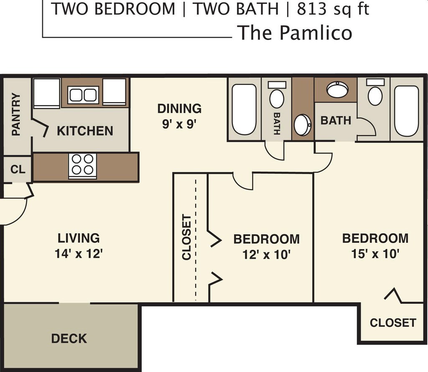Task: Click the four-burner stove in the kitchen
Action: click(82, 166)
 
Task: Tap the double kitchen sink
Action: click(83, 95)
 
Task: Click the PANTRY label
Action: click(16, 114)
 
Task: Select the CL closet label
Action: click(18, 169)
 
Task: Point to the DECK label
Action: click(69, 338)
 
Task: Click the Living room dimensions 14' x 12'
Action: click(79, 254)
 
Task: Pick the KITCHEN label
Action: click(85, 131)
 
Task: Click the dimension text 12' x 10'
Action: click(266, 254)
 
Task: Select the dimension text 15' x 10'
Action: click(375, 254)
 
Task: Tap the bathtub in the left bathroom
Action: click(244, 110)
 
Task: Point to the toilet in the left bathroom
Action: click(277, 96)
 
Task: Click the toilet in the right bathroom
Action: click(375, 94)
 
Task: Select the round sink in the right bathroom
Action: click(337, 90)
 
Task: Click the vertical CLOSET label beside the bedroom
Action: click(187, 237)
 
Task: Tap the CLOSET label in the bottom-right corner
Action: click(392, 323)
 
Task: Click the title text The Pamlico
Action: click(295, 33)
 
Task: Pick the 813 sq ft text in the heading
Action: click(333, 9)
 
